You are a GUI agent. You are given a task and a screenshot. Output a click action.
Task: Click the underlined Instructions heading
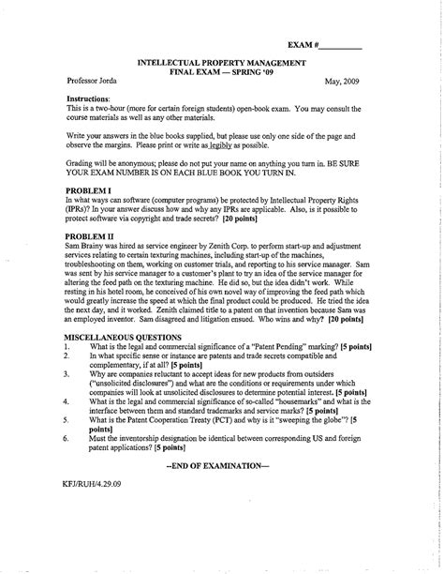89,98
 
